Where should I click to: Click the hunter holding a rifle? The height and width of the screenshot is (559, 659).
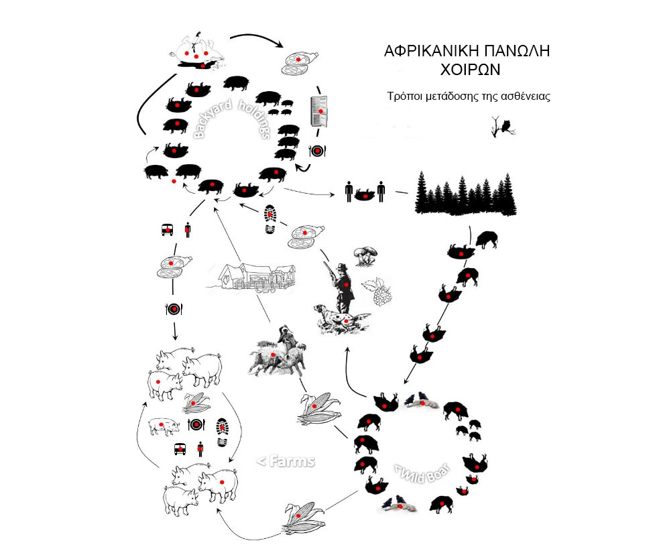point(342,282)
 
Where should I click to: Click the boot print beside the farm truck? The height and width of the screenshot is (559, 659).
point(223,434)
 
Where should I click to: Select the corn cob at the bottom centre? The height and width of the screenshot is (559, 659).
point(304,520)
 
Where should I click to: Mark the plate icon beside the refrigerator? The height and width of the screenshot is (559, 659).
point(318,151)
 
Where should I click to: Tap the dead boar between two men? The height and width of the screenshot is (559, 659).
point(364,195)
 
